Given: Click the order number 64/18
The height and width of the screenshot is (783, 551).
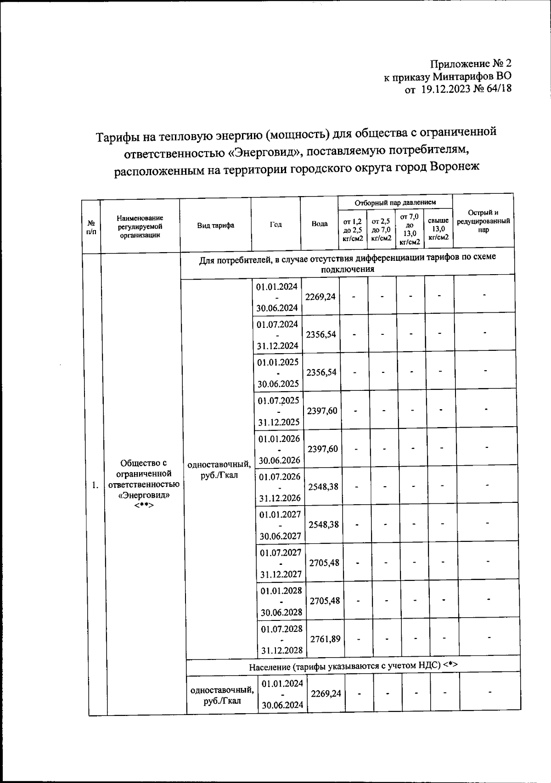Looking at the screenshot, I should coord(499,90).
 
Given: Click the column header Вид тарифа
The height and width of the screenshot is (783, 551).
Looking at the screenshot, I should coord(215,225).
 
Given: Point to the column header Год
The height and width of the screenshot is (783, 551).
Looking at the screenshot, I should coord(275,224).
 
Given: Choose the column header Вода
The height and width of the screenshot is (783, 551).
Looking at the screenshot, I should coord(320,224).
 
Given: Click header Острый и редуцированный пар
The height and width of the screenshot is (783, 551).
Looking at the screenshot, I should coord(483,221).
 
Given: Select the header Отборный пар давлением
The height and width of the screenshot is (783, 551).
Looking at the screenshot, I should coord(395,202).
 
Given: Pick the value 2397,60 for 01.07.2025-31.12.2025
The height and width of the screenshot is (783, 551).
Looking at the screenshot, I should coord(322,411).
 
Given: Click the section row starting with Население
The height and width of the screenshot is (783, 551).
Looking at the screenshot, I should coord(353,666).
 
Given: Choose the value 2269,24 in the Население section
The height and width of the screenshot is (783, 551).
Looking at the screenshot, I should coord(326,693).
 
